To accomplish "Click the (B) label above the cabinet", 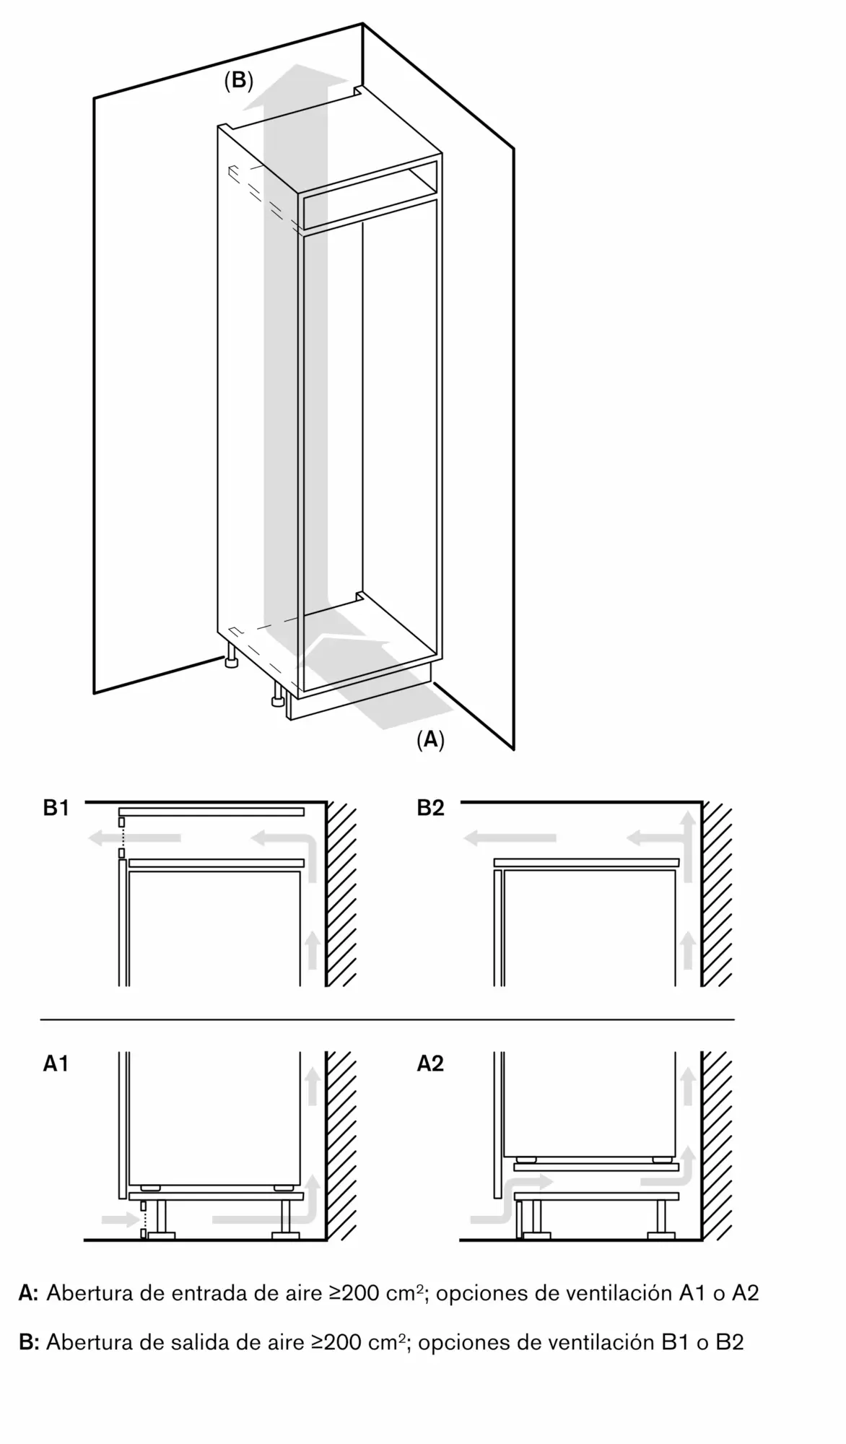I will click(x=238, y=81).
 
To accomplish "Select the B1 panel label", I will click(x=56, y=808).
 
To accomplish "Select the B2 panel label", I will click(x=430, y=808).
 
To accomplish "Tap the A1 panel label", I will click(x=56, y=1064).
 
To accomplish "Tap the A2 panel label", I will click(x=430, y=1064).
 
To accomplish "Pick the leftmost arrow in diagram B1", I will click(x=134, y=838).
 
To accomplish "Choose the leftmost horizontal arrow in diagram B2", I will click(x=510, y=838).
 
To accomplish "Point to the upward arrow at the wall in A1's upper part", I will click(x=313, y=1087).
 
